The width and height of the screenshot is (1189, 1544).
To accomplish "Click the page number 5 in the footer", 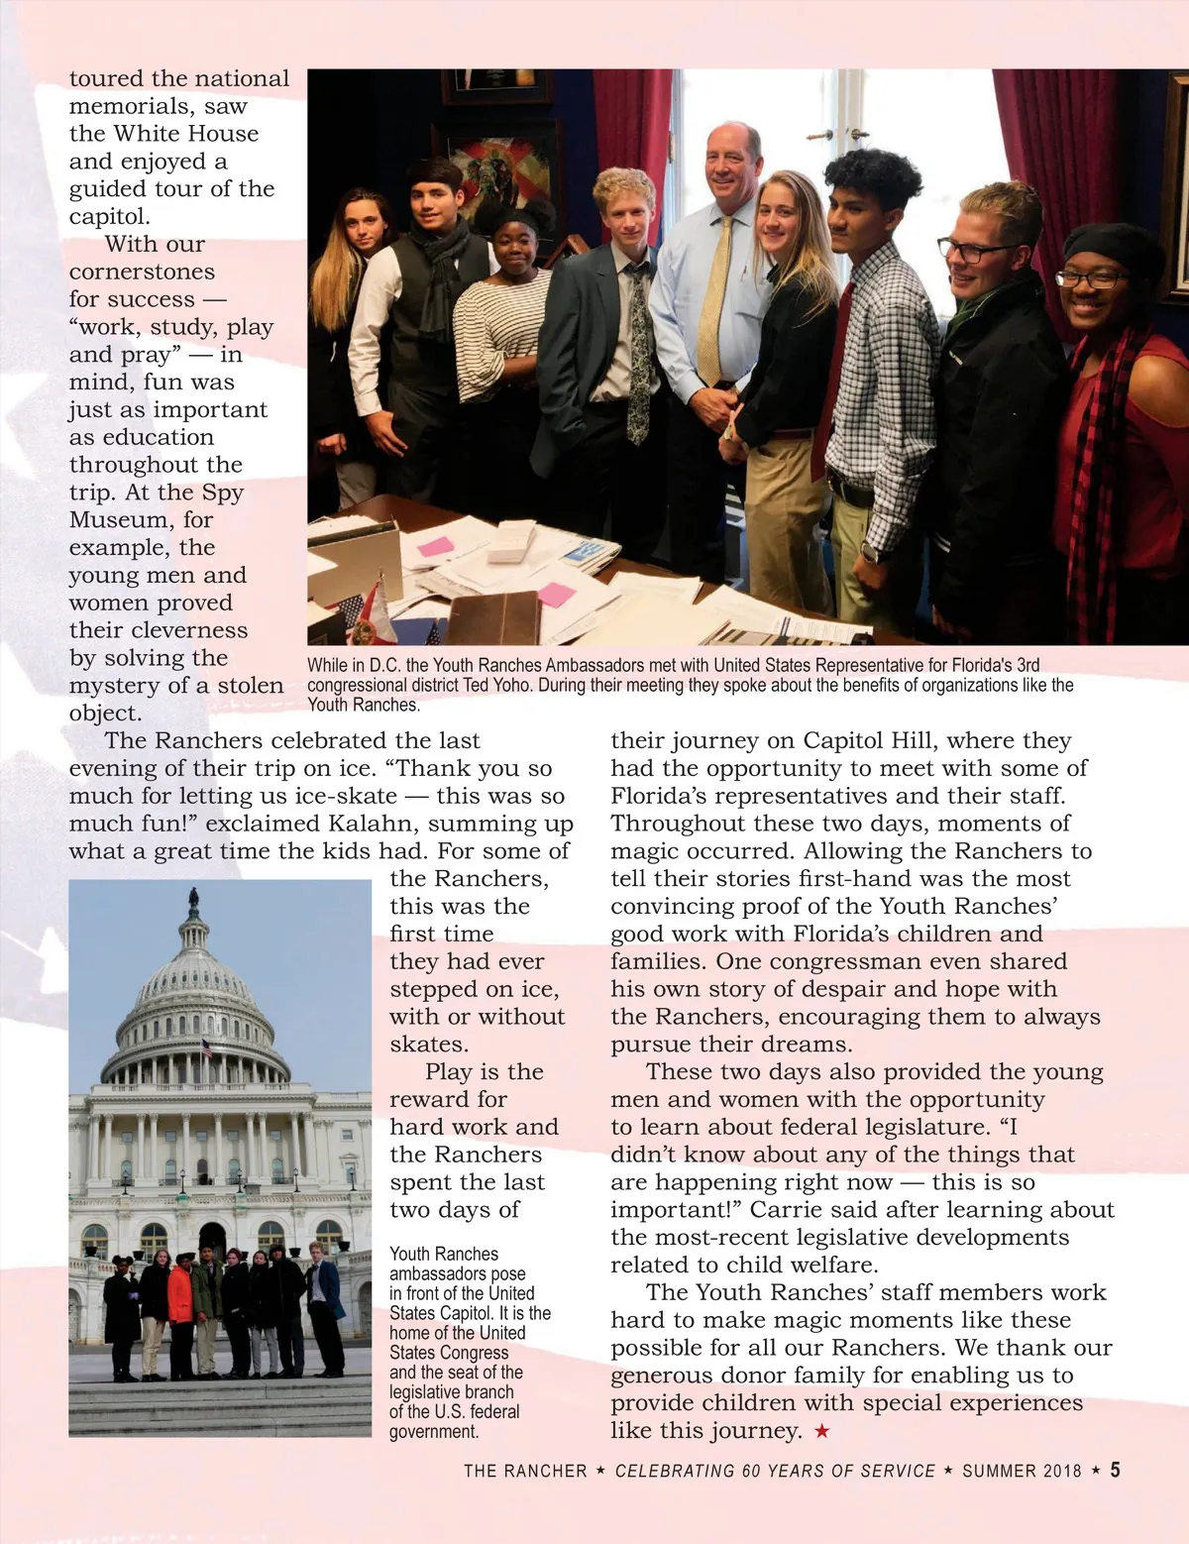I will (x=1115, y=1470).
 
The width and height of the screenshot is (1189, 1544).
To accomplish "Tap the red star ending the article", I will (x=821, y=1431).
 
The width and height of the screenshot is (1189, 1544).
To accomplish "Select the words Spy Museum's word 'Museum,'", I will (x=119, y=520).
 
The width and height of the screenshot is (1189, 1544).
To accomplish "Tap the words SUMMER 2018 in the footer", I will (x=1022, y=1471).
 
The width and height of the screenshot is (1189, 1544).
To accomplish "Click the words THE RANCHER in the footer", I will (x=525, y=1471).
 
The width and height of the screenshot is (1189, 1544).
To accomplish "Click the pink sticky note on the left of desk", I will (x=435, y=546).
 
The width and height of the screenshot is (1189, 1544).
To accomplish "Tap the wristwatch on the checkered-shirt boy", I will (x=870, y=552).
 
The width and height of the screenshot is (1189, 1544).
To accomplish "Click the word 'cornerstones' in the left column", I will (x=142, y=272).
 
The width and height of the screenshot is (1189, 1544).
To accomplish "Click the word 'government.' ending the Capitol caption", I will (x=434, y=1431).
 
